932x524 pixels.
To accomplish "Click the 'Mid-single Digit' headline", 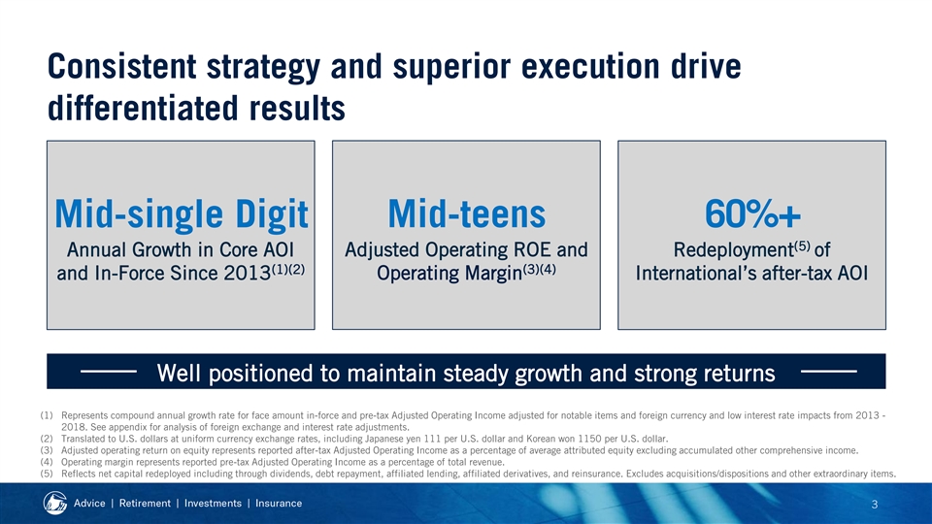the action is pyautogui.click(x=182, y=214).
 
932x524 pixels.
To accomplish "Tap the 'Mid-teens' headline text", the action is pyautogui.click(x=467, y=213).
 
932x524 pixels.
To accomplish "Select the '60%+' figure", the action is pyautogui.click(x=752, y=213).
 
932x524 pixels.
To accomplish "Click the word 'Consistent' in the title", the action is pyautogui.click(x=122, y=66).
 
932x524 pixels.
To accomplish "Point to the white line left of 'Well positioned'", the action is pyautogui.click(x=109, y=372).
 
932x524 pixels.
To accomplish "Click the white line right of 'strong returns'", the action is pyautogui.click(x=829, y=372).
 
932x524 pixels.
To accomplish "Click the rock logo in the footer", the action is pyautogui.click(x=55, y=504).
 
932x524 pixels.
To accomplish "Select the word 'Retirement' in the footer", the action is pyautogui.click(x=145, y=504).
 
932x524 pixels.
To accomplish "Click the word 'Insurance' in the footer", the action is pyautogui.click(x=279, y=504).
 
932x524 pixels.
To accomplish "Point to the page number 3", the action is pyautogui.click(x=875, y=505).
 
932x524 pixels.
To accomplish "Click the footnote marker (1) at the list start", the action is pyautogui.click(x=47, y=416).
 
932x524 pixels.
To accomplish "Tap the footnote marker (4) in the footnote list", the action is pyautogui.click(x=47, y=462).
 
